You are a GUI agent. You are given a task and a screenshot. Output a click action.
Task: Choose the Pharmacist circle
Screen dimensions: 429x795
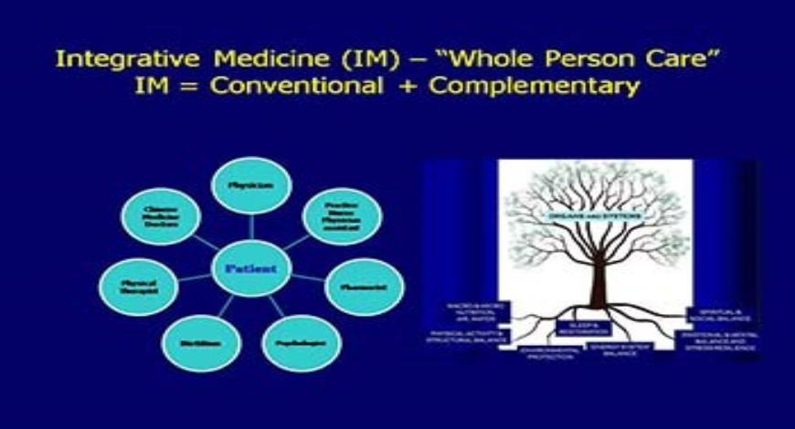pos(364,286)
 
